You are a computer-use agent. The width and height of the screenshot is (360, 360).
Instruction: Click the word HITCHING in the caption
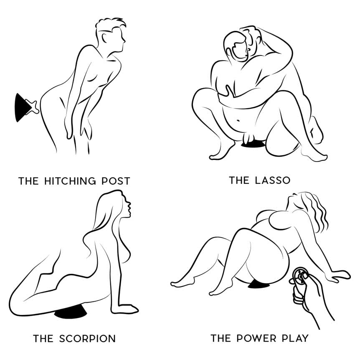pyautogui.click(x=70, y=181)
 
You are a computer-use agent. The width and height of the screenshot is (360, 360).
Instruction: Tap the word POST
pyautogui.click(x=116, y=181)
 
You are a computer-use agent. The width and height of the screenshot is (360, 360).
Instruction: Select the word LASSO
pyautogui.click(x=273, y=180)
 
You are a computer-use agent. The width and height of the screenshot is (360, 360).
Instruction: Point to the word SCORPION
pyautogui.click(x=87, y=339)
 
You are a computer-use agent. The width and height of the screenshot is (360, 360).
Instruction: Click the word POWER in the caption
pyautogui.click(x=256, y=338)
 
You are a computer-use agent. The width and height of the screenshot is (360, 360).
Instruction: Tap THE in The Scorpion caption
pyautogui.click(x=43, y=339)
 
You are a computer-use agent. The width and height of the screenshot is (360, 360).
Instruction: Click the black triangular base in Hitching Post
pyautogui.click(x=22, y=107)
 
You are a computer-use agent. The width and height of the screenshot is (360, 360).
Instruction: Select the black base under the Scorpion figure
pyautogui.click(x=70, y=313)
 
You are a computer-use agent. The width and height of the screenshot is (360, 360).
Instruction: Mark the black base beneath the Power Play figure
pyautogui.click(x=258, y=285)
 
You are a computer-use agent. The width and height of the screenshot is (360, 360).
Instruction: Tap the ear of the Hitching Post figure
pyautogui.click(x=104, y=38)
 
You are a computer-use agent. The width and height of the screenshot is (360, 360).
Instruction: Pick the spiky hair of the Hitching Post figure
pyautogui.click(x=110, y=23)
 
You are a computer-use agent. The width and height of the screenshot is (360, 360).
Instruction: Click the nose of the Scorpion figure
pyautogui.click(x=129, y=203)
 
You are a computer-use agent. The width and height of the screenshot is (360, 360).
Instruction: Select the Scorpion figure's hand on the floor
pyautogui.click(x=125, y=309)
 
